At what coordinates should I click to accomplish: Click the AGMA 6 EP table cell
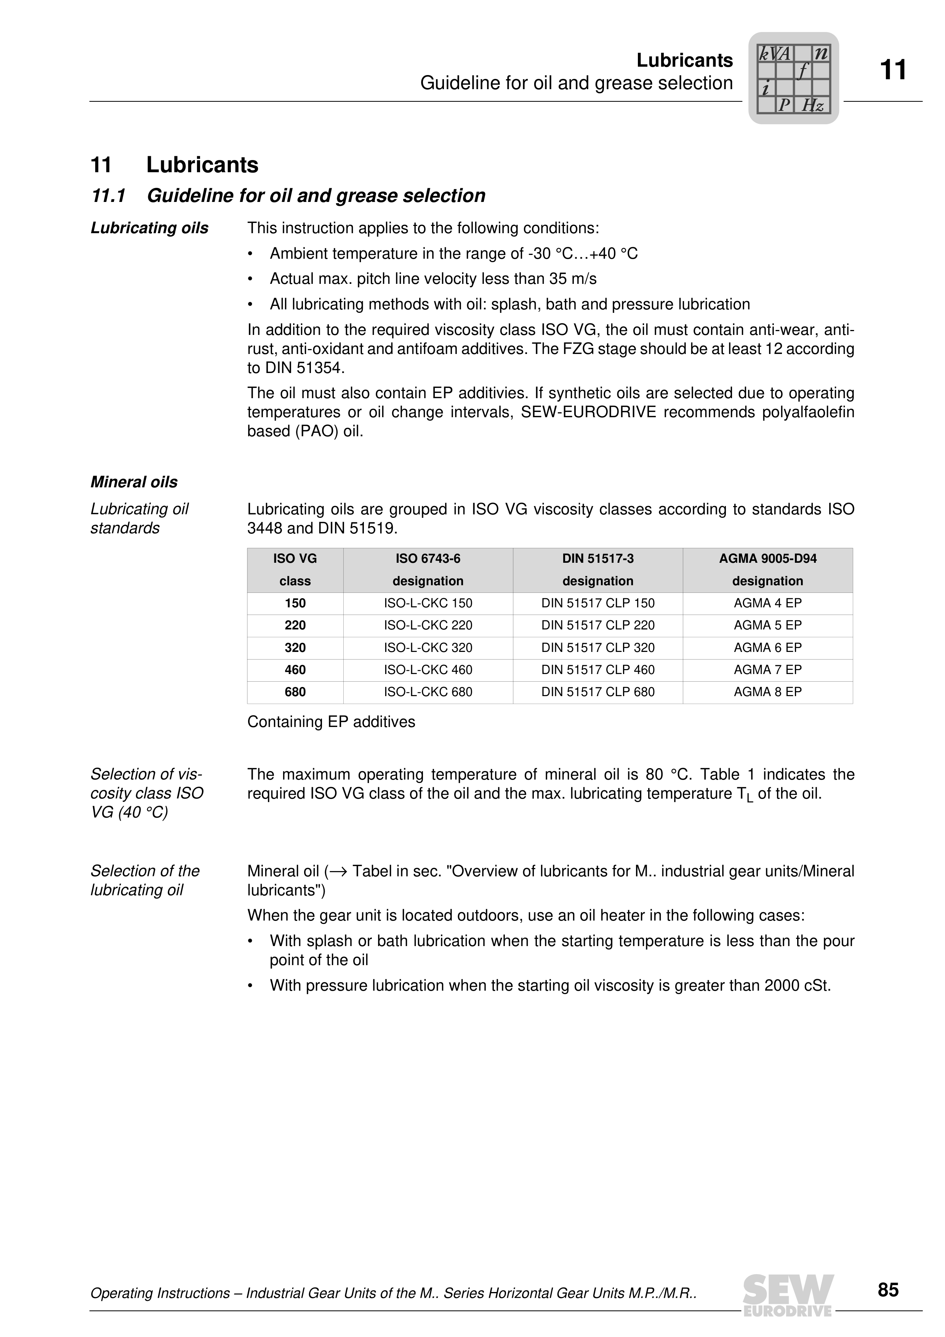767,647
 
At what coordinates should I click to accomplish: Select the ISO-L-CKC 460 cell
428,670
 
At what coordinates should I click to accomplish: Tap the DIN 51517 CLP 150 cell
597,603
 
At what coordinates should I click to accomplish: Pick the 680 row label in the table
295,692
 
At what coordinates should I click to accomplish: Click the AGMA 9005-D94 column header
767,570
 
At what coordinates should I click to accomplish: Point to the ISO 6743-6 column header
428,570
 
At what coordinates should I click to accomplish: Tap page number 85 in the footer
888,1290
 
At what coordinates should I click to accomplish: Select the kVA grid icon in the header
793,78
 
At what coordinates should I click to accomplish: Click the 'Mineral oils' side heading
134,482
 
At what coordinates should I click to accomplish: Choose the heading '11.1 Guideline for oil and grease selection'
288,196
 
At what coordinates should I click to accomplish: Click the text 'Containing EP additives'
331,722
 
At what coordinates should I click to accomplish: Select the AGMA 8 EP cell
767,692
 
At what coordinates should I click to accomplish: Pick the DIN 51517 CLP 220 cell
597,625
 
